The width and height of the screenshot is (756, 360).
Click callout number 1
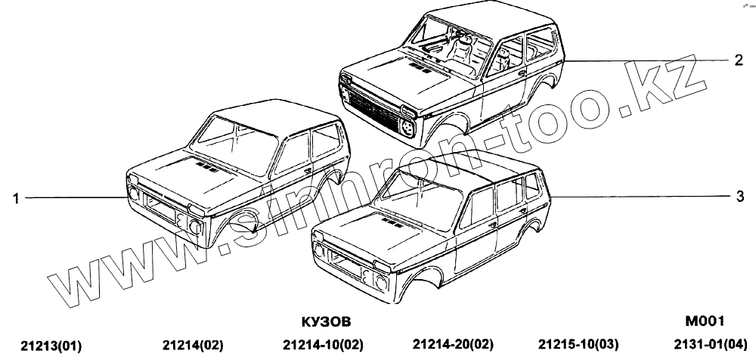(15, 198)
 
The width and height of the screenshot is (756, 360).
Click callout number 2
(739, 60)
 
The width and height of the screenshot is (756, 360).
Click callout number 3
(740, 197)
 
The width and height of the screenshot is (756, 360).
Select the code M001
(704, 320)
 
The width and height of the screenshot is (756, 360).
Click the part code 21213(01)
(51, 346)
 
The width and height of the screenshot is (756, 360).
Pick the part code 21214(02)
(193, 345)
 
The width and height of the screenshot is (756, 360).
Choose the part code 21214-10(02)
(321, 345)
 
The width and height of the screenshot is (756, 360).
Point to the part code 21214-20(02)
(451, 345)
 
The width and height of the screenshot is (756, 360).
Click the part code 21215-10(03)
(578, 345)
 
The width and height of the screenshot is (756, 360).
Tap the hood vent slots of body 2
(419, 67)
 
